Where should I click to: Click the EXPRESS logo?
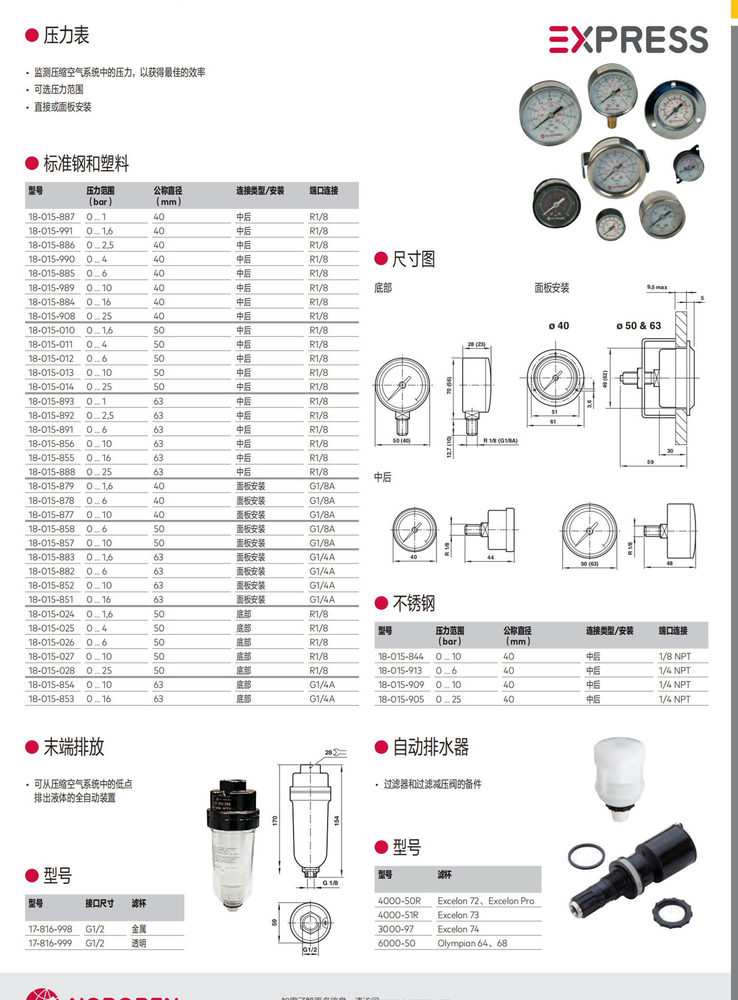(x=628, y=39)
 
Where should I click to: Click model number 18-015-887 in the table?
(x=51, y=217)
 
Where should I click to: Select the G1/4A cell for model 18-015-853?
(x=322, y=699)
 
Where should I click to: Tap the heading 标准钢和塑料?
(x=86, y=164)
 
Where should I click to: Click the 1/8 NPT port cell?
(x=674, y=656)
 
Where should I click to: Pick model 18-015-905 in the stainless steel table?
(x=401, y=699)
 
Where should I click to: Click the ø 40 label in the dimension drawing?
(x=559, y=326)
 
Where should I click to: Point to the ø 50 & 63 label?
(x=638, y=326)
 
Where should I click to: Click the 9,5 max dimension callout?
(x=657, y=287)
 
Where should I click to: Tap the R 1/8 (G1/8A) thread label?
(x=500, y=441)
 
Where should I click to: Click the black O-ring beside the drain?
(x=586, y=856)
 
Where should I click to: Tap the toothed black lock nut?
(x=672, y=913)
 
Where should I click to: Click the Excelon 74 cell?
(x=458, y=929)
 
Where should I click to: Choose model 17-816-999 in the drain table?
(x=50, y=943)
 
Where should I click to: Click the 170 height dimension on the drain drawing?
(x=275, y=820)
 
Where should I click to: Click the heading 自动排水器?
(x=431, y=747)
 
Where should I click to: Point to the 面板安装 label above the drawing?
(x=551, y=288)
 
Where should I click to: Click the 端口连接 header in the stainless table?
(x=673, y=631)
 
